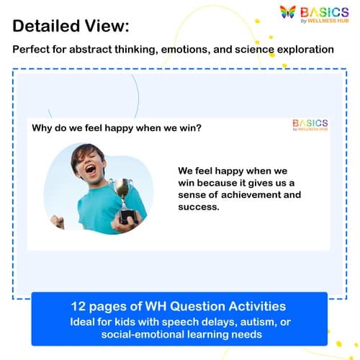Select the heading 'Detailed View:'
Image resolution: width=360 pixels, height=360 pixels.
(x=71, y=27)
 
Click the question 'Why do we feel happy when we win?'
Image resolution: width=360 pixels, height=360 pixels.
(x=116, y=129)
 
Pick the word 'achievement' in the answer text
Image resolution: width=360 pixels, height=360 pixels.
(x=243, y=195)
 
